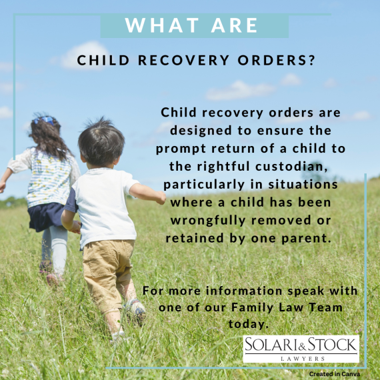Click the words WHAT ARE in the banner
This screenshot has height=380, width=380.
pyautogui.click(x=192, y=26)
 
